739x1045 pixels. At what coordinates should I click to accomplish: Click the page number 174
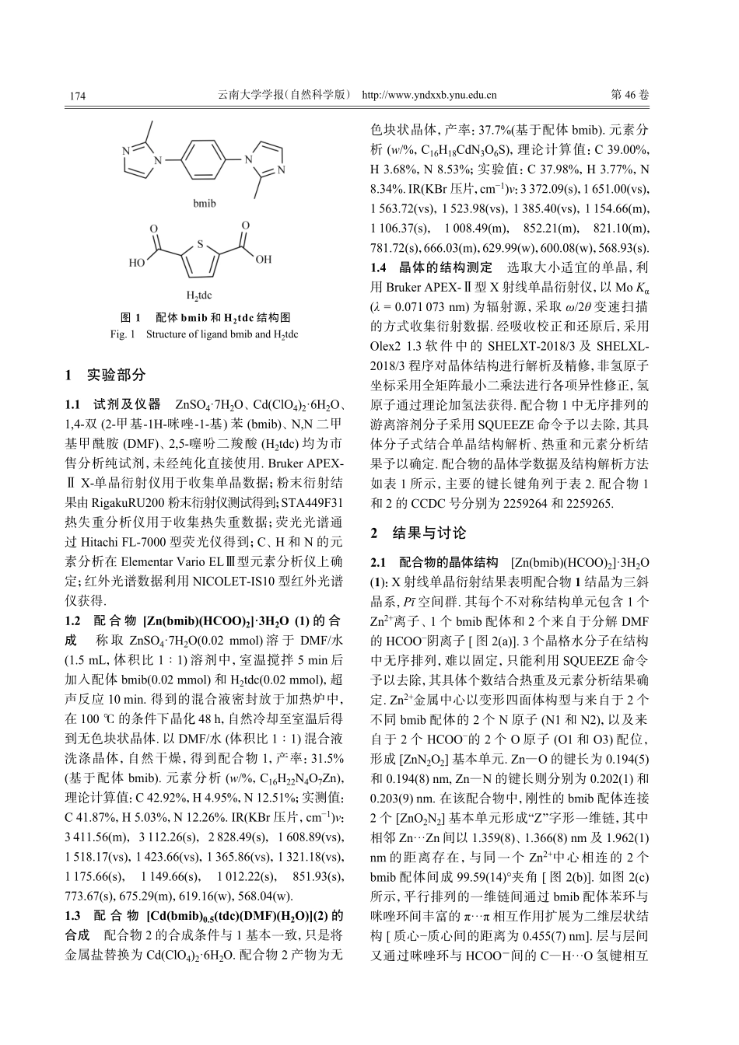point(77,96)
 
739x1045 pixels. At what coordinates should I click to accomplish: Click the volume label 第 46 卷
point(630,96)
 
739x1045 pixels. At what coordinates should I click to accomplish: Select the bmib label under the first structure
point(204,204)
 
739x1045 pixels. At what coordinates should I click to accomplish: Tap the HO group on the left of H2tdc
point(137,263)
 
